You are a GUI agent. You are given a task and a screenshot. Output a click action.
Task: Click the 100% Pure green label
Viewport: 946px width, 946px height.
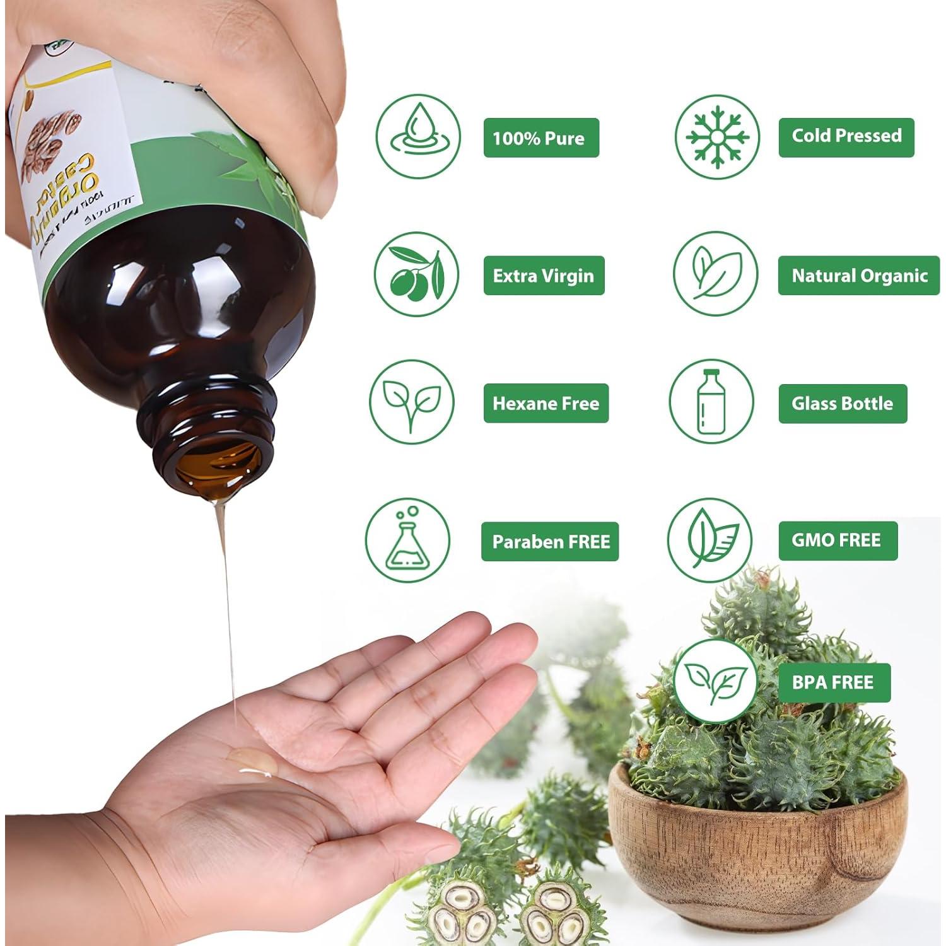coord(540,137)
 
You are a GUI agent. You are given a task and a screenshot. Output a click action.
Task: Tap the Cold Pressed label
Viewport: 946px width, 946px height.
coord(846,136)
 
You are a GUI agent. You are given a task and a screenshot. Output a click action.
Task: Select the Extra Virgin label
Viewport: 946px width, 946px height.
coord(543,276)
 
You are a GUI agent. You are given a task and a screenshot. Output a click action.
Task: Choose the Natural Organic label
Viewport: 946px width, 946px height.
coord(858,276)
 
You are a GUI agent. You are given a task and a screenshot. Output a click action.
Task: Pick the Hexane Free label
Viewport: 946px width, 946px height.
coord(546,403)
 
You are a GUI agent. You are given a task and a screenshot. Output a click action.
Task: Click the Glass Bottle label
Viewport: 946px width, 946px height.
coord(842,403)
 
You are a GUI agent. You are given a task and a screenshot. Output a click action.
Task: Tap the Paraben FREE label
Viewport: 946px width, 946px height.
coord(550,541)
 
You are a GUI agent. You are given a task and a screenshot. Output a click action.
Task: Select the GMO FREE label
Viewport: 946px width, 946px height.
coord(837,540)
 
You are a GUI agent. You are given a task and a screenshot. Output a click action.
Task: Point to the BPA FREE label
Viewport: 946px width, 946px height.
coord(833,682)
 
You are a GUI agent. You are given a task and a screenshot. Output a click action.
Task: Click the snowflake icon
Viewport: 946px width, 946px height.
coord(717,137)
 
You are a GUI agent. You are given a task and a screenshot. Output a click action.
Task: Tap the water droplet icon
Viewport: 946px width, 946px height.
coord(418,137)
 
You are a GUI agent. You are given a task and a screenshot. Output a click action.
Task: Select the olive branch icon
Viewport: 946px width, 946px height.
coord(416,274)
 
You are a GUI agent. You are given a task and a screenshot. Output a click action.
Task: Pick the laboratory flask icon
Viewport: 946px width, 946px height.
coord(407,540)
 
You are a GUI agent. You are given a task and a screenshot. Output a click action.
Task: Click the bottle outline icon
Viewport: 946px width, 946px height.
coord(711,402)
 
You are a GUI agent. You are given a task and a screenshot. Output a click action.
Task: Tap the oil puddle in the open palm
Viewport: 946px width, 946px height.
coord(252,761)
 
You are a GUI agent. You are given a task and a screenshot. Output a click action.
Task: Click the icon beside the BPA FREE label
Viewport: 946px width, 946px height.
coord(716,681)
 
